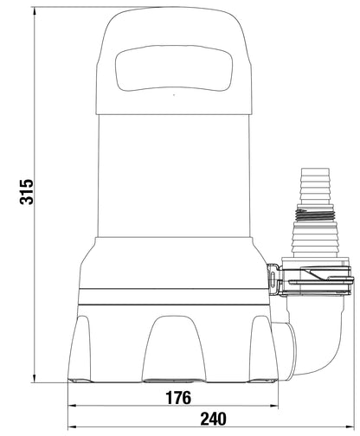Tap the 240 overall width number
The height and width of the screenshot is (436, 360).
[209, 420]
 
